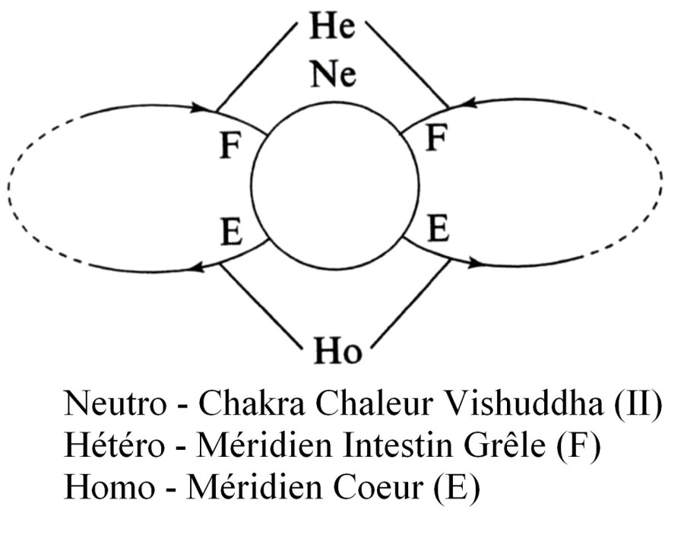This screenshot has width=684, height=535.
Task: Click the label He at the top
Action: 332,27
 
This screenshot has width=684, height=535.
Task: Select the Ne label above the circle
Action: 333,75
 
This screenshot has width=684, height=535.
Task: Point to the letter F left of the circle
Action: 230,146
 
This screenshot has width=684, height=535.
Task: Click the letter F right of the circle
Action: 435,138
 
